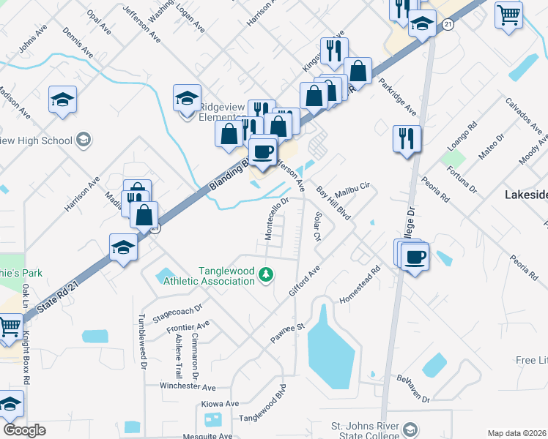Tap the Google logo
point(24,430)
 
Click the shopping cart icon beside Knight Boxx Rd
point(9,329)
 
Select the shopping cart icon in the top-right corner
point(508,14)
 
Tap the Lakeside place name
point(526,195)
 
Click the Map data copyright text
point(517,433)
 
